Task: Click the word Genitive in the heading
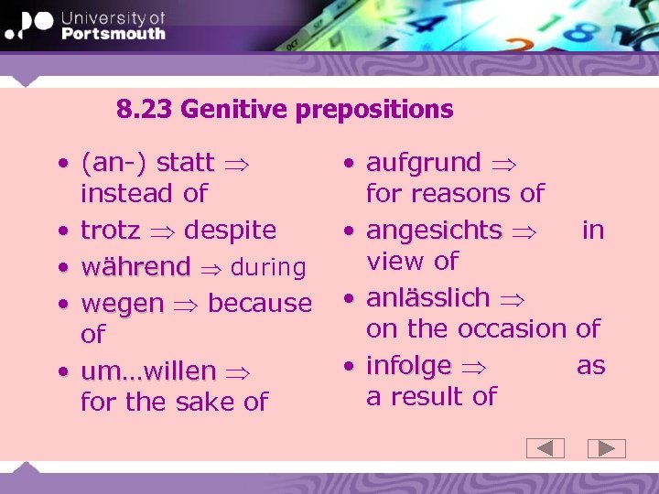pyautogui.click(x=233, y=110)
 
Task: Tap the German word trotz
pyautogui.click(x=110, y=230)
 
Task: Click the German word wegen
pyautogui.click(x=123, y=303)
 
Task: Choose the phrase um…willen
pyautogui.click(x=148, y=371)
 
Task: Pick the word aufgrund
pyautogui.click(x=423, y=163)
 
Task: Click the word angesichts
pyautogui.click(x=434, y=230)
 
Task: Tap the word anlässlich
pyautogui.click(x=428, y=297)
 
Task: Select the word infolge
pyautogui.click(x=408, y=366)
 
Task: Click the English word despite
pyautogui.click(x=230, y=230)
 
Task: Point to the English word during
pyautogui.click(x=268, y=268)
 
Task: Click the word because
pyautogui.click(x=260, y=303)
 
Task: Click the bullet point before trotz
pyautogui.click(x=61, y=231)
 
